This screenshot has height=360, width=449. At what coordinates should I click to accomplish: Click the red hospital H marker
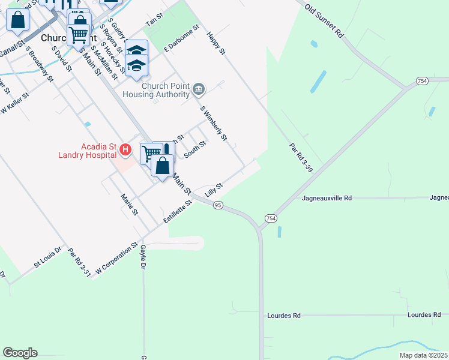[x=125, y=148]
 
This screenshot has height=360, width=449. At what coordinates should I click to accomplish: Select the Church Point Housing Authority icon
[x=199, y=90]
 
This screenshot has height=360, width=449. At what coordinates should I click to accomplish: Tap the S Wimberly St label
[x=214, y=124]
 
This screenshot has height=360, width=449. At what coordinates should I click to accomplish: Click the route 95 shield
[x=218, y=205]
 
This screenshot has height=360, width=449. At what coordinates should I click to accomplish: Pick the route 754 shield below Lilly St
[x=270, y=217]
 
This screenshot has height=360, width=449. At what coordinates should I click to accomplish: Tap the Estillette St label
[x=179, y=212]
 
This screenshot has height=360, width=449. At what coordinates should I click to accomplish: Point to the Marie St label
[x=129, y=204]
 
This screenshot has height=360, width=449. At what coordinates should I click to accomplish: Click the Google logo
[x=20, y=353]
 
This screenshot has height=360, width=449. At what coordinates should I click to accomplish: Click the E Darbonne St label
[x=181, y=37]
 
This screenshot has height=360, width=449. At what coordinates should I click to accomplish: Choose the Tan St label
[x=155, y=22]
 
